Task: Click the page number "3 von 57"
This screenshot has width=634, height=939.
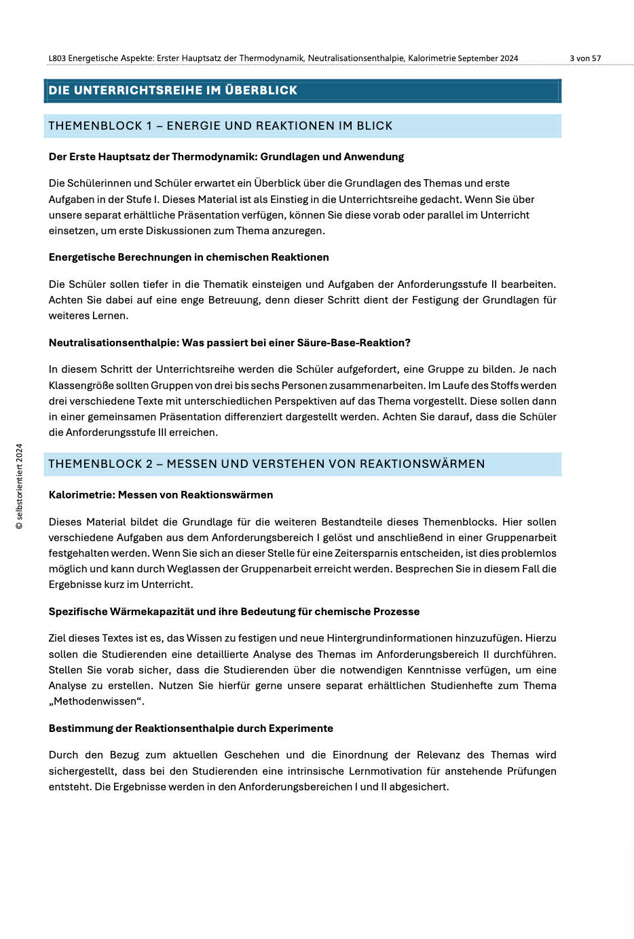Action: (585, 58)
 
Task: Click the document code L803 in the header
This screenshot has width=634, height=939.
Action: (57, 58)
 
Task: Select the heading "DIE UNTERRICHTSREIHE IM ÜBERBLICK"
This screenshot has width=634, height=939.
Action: (173, 90)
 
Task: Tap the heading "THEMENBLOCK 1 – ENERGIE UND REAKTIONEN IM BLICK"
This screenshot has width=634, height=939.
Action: (221, 126)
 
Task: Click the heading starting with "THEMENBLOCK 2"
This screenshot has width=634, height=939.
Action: (267, 464)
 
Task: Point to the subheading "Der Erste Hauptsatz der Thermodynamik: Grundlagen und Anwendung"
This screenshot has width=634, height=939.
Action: (226, 157)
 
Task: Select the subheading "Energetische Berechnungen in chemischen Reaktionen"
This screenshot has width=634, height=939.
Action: (189, 257)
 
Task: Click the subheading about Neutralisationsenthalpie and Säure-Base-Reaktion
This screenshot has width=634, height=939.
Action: (229, 343)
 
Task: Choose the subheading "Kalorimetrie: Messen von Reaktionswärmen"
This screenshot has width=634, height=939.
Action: (161, 495)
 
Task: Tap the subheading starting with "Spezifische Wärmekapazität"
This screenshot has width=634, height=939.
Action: (234, 612)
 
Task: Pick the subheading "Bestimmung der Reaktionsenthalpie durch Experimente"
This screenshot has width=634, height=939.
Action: (191, 729)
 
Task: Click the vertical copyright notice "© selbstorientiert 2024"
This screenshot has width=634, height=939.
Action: (20, 486)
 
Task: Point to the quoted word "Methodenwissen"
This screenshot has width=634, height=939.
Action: (96, 701)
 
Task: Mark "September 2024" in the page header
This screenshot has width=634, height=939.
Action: (488, 58)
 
